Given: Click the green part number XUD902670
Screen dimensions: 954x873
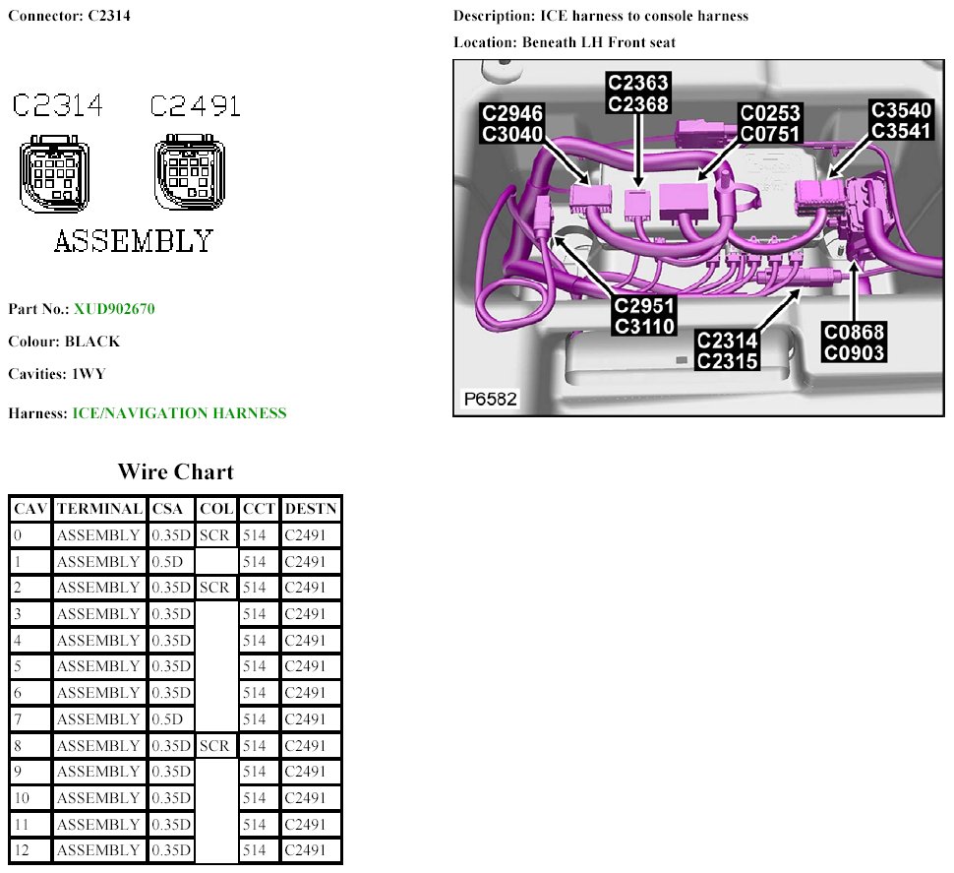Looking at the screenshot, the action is pos(114,309).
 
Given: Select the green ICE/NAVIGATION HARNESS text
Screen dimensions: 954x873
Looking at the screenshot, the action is pos(180,413).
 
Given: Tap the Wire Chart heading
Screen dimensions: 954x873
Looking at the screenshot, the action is pos(176,471).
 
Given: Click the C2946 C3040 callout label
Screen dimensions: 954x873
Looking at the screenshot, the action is pos(512,123).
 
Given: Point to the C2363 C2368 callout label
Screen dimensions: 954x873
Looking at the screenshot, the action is pos(637,93).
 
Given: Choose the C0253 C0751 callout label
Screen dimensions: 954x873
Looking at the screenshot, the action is pos(770,123).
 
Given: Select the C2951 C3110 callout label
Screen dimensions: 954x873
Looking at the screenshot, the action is pos(644,315).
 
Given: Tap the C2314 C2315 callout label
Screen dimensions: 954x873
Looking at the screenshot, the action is pos(727,350).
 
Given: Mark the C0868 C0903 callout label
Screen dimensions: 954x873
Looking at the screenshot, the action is pos(855,343).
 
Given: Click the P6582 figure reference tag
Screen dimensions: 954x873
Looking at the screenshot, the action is pos(491,400).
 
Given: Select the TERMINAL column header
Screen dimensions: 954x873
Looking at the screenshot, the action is pos(99,509).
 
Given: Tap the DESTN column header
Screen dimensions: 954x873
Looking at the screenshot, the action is pos(311,509).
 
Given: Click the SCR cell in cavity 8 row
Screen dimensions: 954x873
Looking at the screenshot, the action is pos(214,746).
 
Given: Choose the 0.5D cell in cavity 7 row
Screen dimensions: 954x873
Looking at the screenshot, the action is pos(168,719).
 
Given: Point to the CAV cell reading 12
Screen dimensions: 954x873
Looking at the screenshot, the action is pos(23,850).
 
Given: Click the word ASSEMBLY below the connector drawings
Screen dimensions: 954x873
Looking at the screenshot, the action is pos(133,241).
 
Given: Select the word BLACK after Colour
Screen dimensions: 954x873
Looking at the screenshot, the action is pos(92,343).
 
